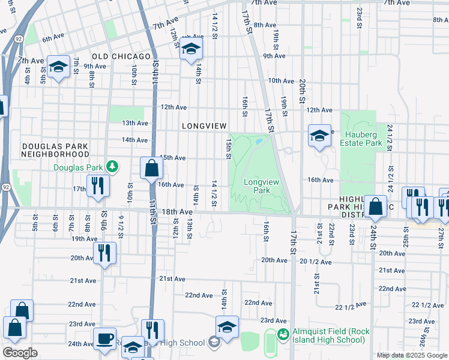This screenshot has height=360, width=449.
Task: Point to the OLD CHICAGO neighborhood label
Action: (x=121, y=56)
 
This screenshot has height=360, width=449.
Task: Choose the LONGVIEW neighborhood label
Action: (x=205, y=126)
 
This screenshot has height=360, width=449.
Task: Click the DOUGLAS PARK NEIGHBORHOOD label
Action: (x=55, y=150)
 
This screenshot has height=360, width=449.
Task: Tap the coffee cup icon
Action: (x=104, y=338)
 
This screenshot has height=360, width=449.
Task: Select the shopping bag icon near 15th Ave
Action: (x=151, y=169)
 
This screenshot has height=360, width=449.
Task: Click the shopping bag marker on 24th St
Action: (x=375, y=207)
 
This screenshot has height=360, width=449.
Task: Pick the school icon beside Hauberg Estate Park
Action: (x=320, y=136)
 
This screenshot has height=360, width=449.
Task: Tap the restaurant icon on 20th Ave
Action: (x=104, y=253)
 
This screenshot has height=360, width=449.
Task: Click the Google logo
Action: (x=20, y=353)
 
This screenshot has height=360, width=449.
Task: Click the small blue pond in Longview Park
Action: (x=258, y=142)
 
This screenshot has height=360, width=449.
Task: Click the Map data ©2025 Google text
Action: (x=411, y=355)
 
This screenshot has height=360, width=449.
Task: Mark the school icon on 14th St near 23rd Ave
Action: (x=227, y=327)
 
